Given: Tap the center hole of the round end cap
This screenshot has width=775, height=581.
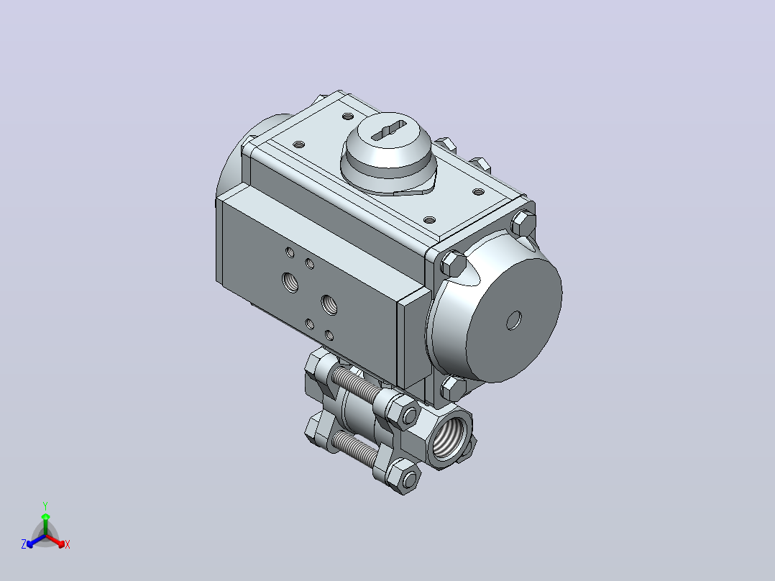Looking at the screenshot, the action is pyautogui.click(x=514, y=321).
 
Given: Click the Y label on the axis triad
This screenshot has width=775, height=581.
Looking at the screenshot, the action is pyautogui.click(x=45, y=505).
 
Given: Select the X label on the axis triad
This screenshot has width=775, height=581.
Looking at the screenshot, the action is pyautogui.click(x=68, y=544).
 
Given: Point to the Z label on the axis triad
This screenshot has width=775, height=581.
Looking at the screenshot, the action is pyautogui.click(x=24, y=544).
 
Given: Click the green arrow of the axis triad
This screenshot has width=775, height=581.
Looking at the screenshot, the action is pyautogui.click(x=45, y=523).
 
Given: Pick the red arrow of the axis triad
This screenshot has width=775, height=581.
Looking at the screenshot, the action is pyautogui.click(x=55, y=541).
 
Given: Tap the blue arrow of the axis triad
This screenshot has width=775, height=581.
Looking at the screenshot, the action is pyautogui.click(x=36, y=541).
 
